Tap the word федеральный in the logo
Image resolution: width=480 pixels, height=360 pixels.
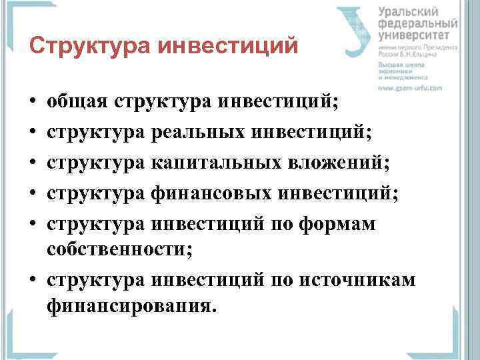(x=417, y=24)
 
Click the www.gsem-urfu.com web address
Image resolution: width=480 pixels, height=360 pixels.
(x=410, y=87)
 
